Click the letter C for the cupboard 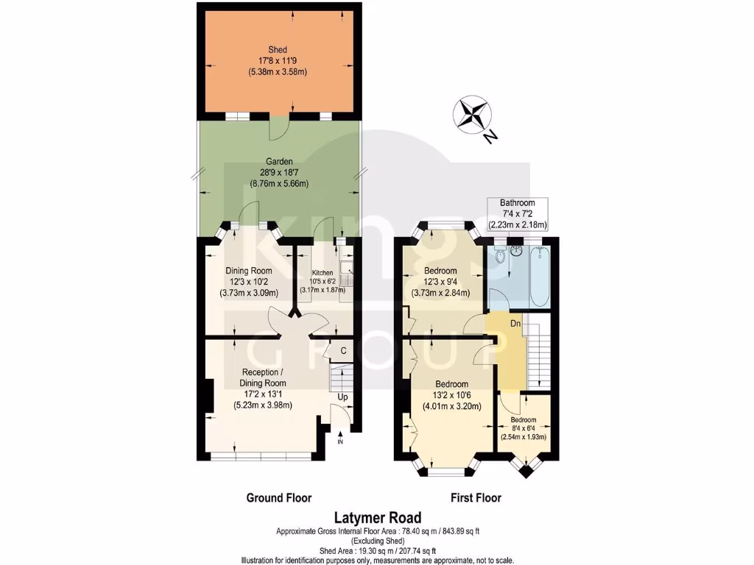tap(343, 352)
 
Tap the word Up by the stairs tap(343, 397)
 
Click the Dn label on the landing tap(516, 323)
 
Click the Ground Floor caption tap(278, 498)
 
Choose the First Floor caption tap(476, 498)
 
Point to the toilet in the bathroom tap(500, 257)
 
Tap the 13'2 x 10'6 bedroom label tap(451, 394)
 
